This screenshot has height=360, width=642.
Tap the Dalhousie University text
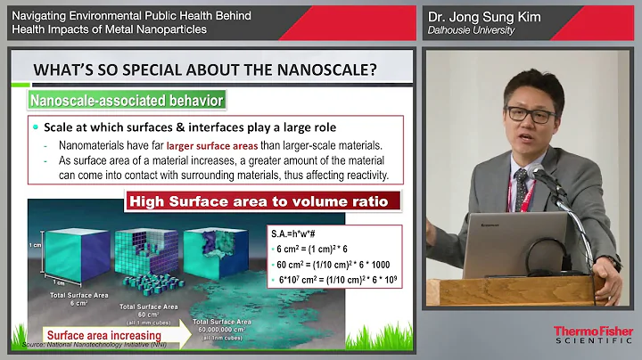(470, 30)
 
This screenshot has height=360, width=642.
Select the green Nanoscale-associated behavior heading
(126, 101)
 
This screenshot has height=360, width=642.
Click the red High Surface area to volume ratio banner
(259, 201)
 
